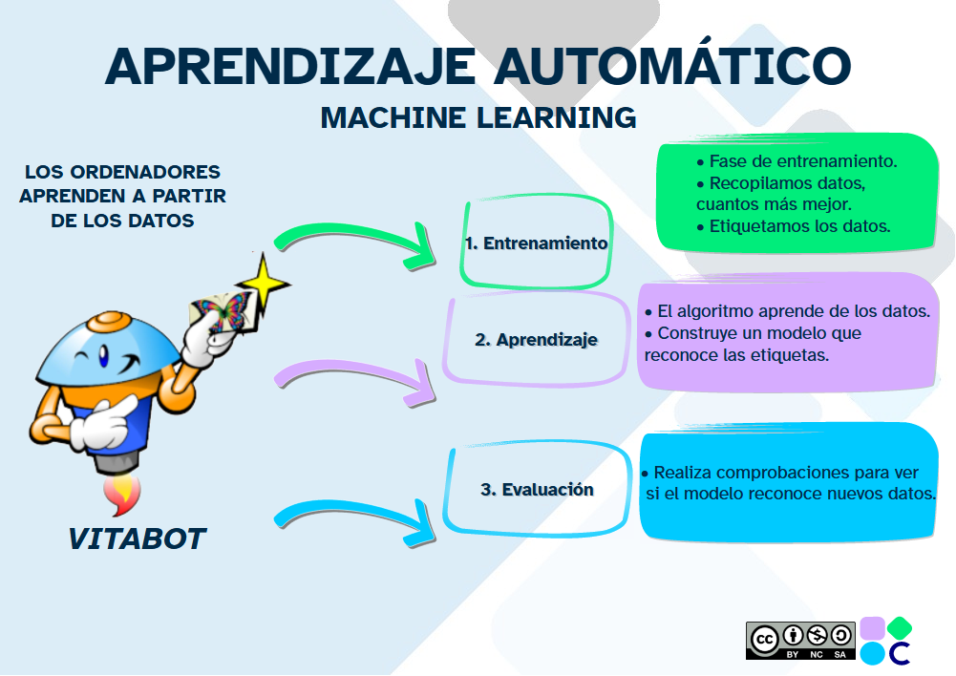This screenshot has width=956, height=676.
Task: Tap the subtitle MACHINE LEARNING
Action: [x=478, y=117]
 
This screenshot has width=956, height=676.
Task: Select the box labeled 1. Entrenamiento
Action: [x=536, y=243]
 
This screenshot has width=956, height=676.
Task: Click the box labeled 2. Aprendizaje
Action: [x=536, y=339]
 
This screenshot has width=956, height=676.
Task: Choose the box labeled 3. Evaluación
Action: [x=536, y=489]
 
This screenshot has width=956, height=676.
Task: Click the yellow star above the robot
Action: [x=262, y=279]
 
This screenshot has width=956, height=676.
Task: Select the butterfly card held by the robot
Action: [x=221, y=311]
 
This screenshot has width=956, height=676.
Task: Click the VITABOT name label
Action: [x=137, y=539]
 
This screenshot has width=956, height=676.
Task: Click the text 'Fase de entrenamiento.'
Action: [x=809, y=160]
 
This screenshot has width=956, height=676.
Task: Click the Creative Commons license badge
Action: [x=798, y=641]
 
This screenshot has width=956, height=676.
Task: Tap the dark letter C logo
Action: [x=899, y=653]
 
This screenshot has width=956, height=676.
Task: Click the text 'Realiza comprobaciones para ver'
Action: [x=786, y=473]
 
